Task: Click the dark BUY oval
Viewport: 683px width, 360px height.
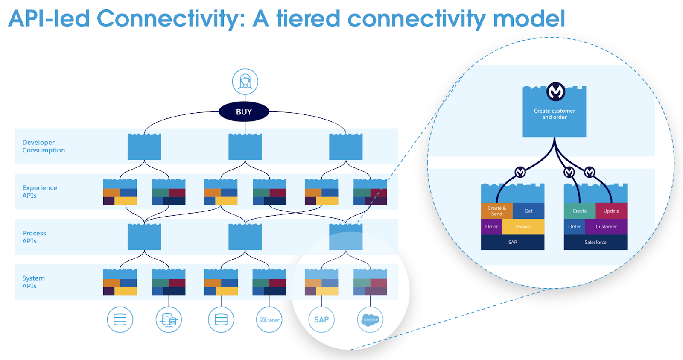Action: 244,112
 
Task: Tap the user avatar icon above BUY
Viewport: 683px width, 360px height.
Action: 245,81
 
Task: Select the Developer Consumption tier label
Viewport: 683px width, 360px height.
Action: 44,146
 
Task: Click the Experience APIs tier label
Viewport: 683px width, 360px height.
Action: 39,192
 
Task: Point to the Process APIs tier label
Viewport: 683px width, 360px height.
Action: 34,237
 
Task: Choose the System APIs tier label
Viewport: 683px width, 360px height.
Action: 33,282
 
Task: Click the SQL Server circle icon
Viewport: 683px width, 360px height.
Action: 269,319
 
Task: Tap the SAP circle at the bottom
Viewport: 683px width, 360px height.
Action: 321,319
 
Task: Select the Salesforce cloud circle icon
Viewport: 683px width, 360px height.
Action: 370,319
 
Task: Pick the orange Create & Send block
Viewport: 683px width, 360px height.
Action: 496,211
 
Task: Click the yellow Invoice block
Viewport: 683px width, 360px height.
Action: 523,227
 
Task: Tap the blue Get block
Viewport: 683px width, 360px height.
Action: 528,211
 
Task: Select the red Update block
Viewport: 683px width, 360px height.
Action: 611,211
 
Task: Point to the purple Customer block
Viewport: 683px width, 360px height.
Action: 606,227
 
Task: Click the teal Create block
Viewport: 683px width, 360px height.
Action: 579,211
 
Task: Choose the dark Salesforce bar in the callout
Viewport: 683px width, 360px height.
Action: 595,242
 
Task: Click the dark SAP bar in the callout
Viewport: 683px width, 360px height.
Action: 513,242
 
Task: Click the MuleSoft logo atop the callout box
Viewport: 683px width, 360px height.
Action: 556,91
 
